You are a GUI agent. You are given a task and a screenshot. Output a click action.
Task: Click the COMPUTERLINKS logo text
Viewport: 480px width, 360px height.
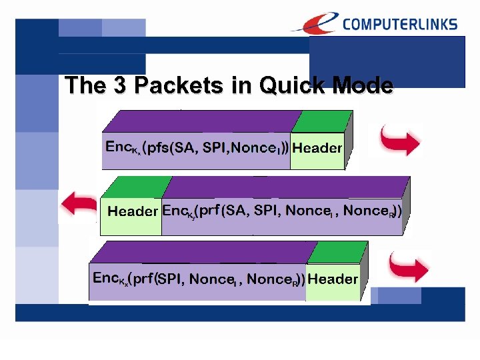click(x=399, y=25)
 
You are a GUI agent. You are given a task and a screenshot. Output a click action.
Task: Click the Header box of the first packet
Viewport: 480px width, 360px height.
click(x=317, y=148)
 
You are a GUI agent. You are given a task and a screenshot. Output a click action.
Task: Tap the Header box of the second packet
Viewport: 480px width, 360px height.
click(x=132, y=212)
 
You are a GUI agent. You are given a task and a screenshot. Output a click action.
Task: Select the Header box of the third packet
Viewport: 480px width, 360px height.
click(x=333, y=279)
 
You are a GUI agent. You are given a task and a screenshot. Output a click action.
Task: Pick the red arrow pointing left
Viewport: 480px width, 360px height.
click(x=78, y=203)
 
